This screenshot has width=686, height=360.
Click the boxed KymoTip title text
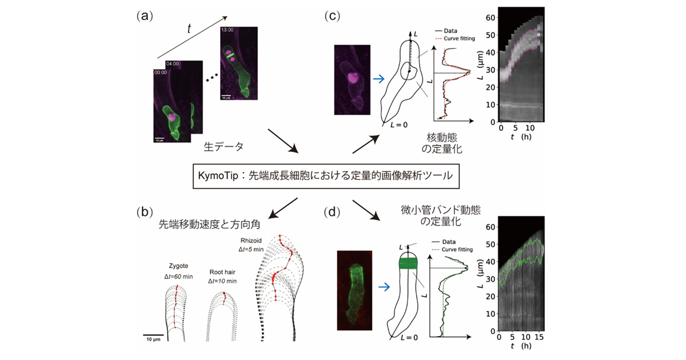[x=322, y=176]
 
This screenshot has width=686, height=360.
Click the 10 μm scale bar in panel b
[x=154, y=335]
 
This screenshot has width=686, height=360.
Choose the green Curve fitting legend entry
[x=460, y=249]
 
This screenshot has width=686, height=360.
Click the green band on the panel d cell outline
[x=408, y=263]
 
